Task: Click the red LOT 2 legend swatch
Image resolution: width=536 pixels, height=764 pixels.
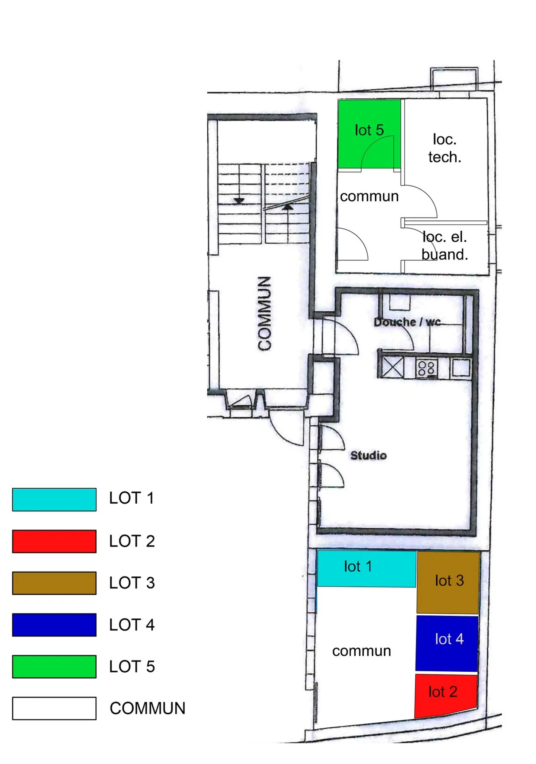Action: click(x=54, y=541)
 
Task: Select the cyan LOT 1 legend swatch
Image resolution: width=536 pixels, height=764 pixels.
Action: click(x=54, y=499)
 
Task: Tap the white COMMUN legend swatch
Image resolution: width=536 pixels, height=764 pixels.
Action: click(x=54, y=708)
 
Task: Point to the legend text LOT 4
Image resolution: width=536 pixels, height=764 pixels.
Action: click(x=132, y=625)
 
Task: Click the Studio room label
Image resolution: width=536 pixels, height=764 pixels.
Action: click(x=368, y=455)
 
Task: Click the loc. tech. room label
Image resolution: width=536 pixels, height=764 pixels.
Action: click(x=444, y=148)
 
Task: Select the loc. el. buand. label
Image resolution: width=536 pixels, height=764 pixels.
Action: click(x=445, y=246)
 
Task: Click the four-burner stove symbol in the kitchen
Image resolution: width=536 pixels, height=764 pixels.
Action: click(x=426, y=369)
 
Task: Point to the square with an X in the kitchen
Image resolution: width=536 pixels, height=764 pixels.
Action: click(x=393, y=367)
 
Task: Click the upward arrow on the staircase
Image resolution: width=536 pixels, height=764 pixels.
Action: click(x=287, y=207)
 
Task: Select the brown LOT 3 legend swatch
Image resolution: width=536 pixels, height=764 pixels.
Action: click(x=54, y=583)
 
